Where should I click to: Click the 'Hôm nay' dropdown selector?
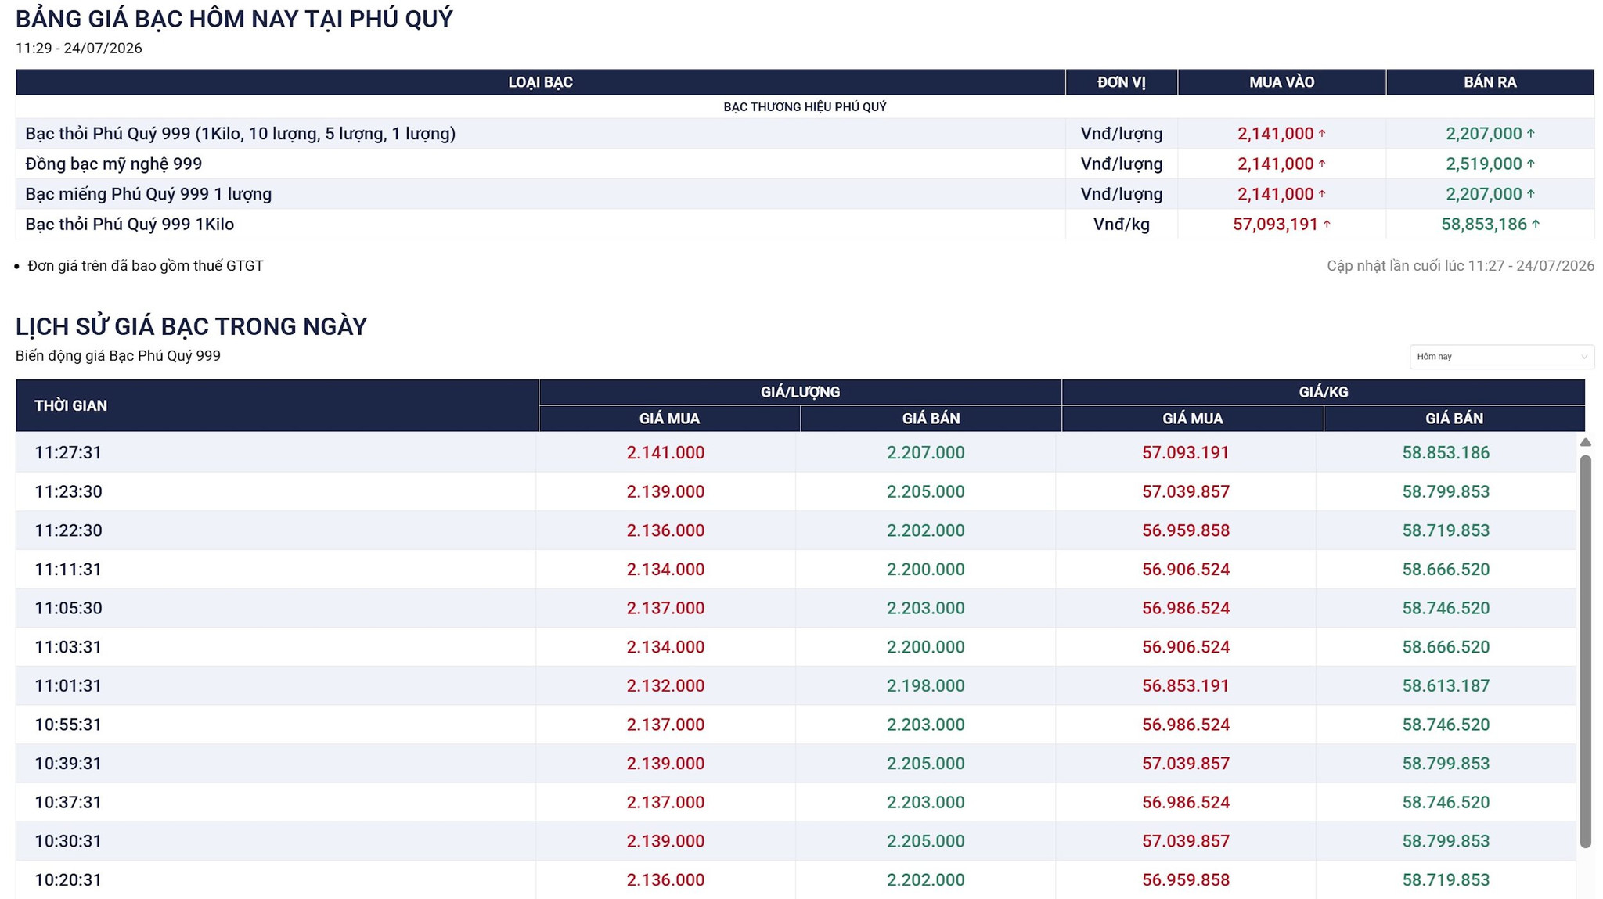tap(1501, 357)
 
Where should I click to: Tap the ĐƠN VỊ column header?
tap(1121, 82)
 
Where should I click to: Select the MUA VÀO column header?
tap(1281, 82)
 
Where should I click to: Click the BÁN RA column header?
tap(1490, 82)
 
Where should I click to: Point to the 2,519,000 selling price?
tap(1483, 164)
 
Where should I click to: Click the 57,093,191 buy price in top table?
tap(1275, 225)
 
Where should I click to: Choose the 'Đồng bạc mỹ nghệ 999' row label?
tap(113, 164)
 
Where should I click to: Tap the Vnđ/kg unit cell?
tap(1121, 225)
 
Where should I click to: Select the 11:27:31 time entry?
tap(68, 452)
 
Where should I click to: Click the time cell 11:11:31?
tap(68, 569)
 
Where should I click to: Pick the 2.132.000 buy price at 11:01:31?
tap(665, 685)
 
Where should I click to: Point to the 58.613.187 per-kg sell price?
tap(1446, 685)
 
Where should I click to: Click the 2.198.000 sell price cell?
tap(925, 685)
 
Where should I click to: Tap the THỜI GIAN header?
tap(70, 405)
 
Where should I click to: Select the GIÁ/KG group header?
tap(1324, 392)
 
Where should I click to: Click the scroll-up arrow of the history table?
tap(1586, 442)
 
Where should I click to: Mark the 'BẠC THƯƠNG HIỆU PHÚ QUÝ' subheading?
tap(805, 106)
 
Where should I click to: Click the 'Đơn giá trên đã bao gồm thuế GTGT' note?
tap(146, 266)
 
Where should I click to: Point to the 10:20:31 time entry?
tap(68, 879)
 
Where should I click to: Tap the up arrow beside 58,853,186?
tap(1536, 224)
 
